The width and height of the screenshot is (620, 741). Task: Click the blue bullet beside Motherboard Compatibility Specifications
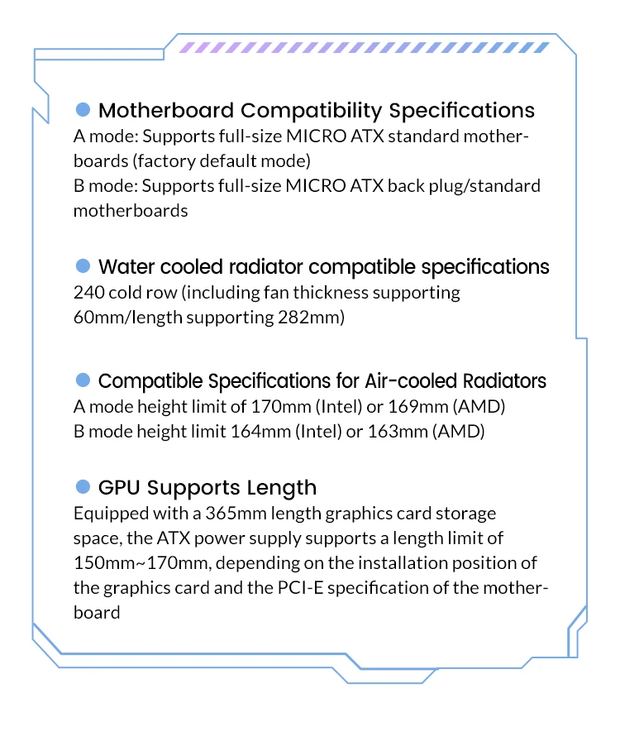pos(83,109)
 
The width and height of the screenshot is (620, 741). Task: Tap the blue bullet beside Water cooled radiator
pos(83,265)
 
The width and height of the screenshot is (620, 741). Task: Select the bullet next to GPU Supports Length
pos(83,486)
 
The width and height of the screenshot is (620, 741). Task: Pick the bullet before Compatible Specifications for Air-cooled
pos(83,380)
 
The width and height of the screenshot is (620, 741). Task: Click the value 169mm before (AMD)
pos(408,407)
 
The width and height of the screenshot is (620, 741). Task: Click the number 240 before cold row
pos(87,293)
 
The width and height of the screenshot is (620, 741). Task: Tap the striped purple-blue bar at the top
pos(364,48)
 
